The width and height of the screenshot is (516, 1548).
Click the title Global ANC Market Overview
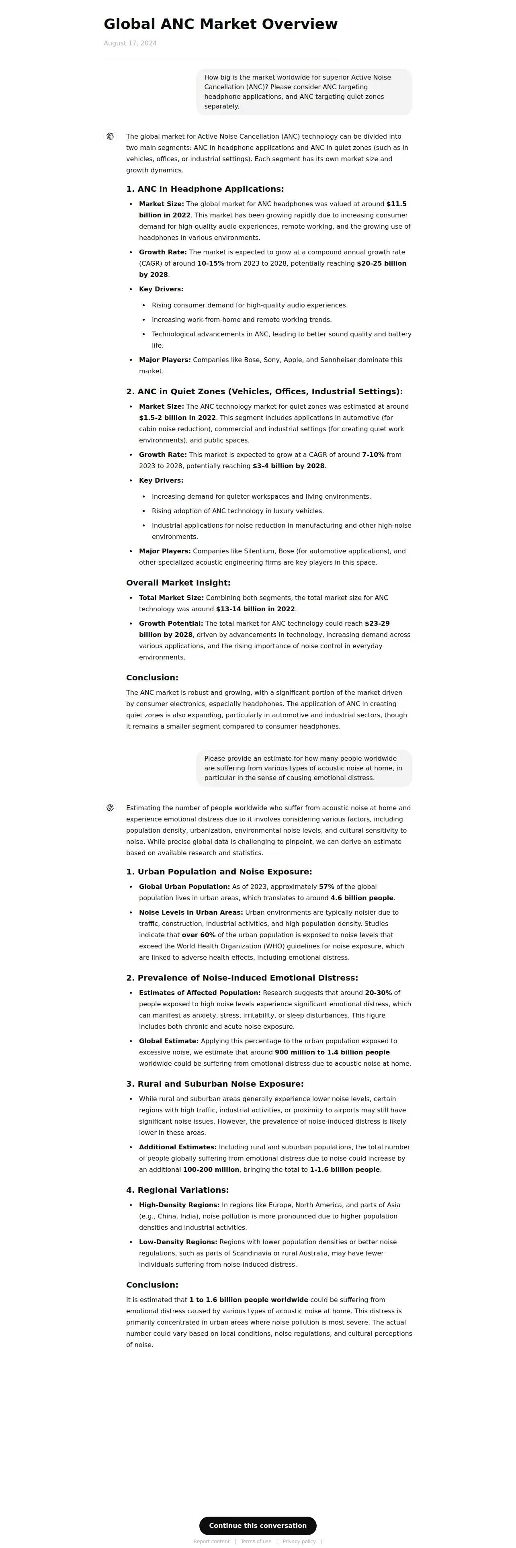coord(221,24)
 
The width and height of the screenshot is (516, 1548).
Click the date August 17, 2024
coord(130,43)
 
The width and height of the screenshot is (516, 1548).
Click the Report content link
coord(211,1542)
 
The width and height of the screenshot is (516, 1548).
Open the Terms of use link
coord(256,1542)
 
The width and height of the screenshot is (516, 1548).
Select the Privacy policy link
coord(299,1542)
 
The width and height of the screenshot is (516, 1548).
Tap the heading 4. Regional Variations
coord(177,1190)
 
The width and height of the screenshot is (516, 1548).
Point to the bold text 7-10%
coord(373,455)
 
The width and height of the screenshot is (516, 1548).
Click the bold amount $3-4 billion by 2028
coord(288,466)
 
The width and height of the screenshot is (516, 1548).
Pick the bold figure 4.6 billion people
coord(362,898)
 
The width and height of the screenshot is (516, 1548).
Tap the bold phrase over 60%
coord(198,935)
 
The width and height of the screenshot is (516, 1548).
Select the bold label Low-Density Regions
coord(178,1242)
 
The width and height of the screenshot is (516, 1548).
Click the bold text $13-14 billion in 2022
coord(255,609)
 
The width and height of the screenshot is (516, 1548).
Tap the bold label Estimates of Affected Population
coord(199,993)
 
